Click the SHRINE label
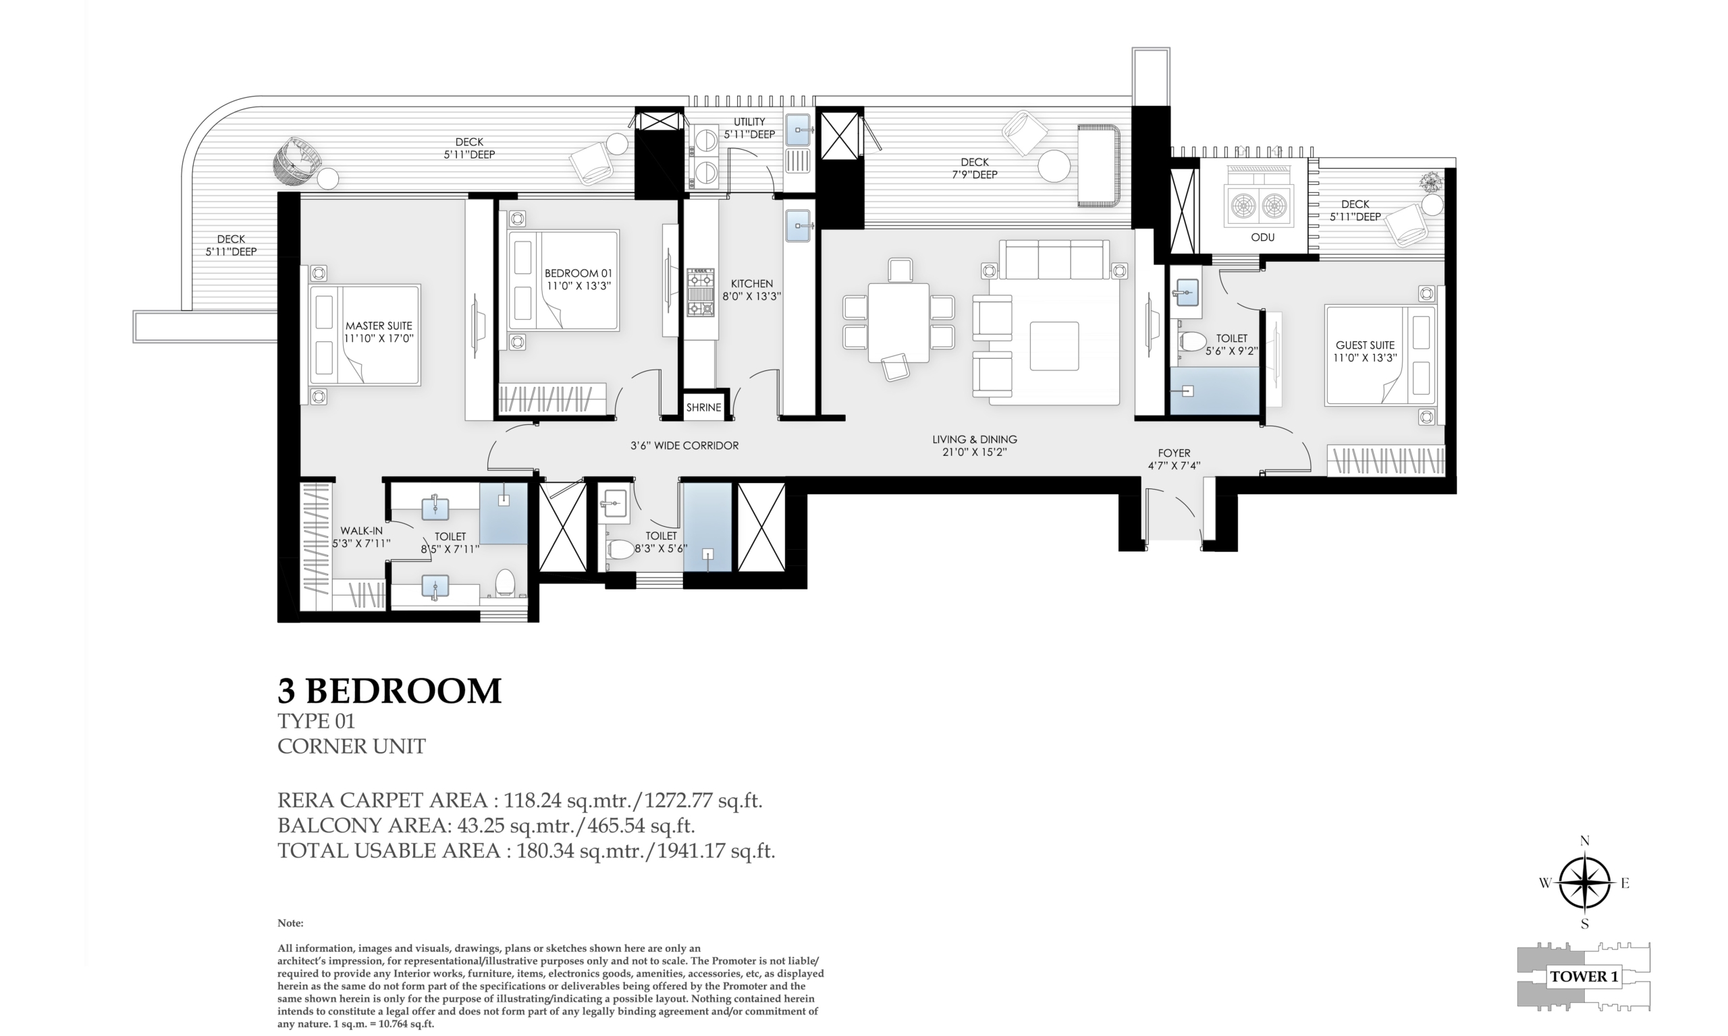coord(703,407)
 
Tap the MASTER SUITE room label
coord(379,326)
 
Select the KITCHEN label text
coord(751,284)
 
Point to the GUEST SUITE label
coord(1365,345)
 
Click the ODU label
coord(1263,237)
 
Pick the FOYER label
coord(1173,453)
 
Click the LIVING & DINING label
coord(974,439)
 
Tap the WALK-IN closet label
coord(361,531)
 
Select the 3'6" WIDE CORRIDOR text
coord(684,445)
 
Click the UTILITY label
coord(749,121)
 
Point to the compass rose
coord(1585,882)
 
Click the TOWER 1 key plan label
coord(1584,976)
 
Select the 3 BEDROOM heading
coord(389,691)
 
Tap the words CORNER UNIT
coord(351,746)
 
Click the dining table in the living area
coord(898,322)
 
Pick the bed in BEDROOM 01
coord(564,280)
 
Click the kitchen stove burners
coord(701,293)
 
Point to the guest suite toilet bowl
coord(1193,342)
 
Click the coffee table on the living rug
coord(1054,345)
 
